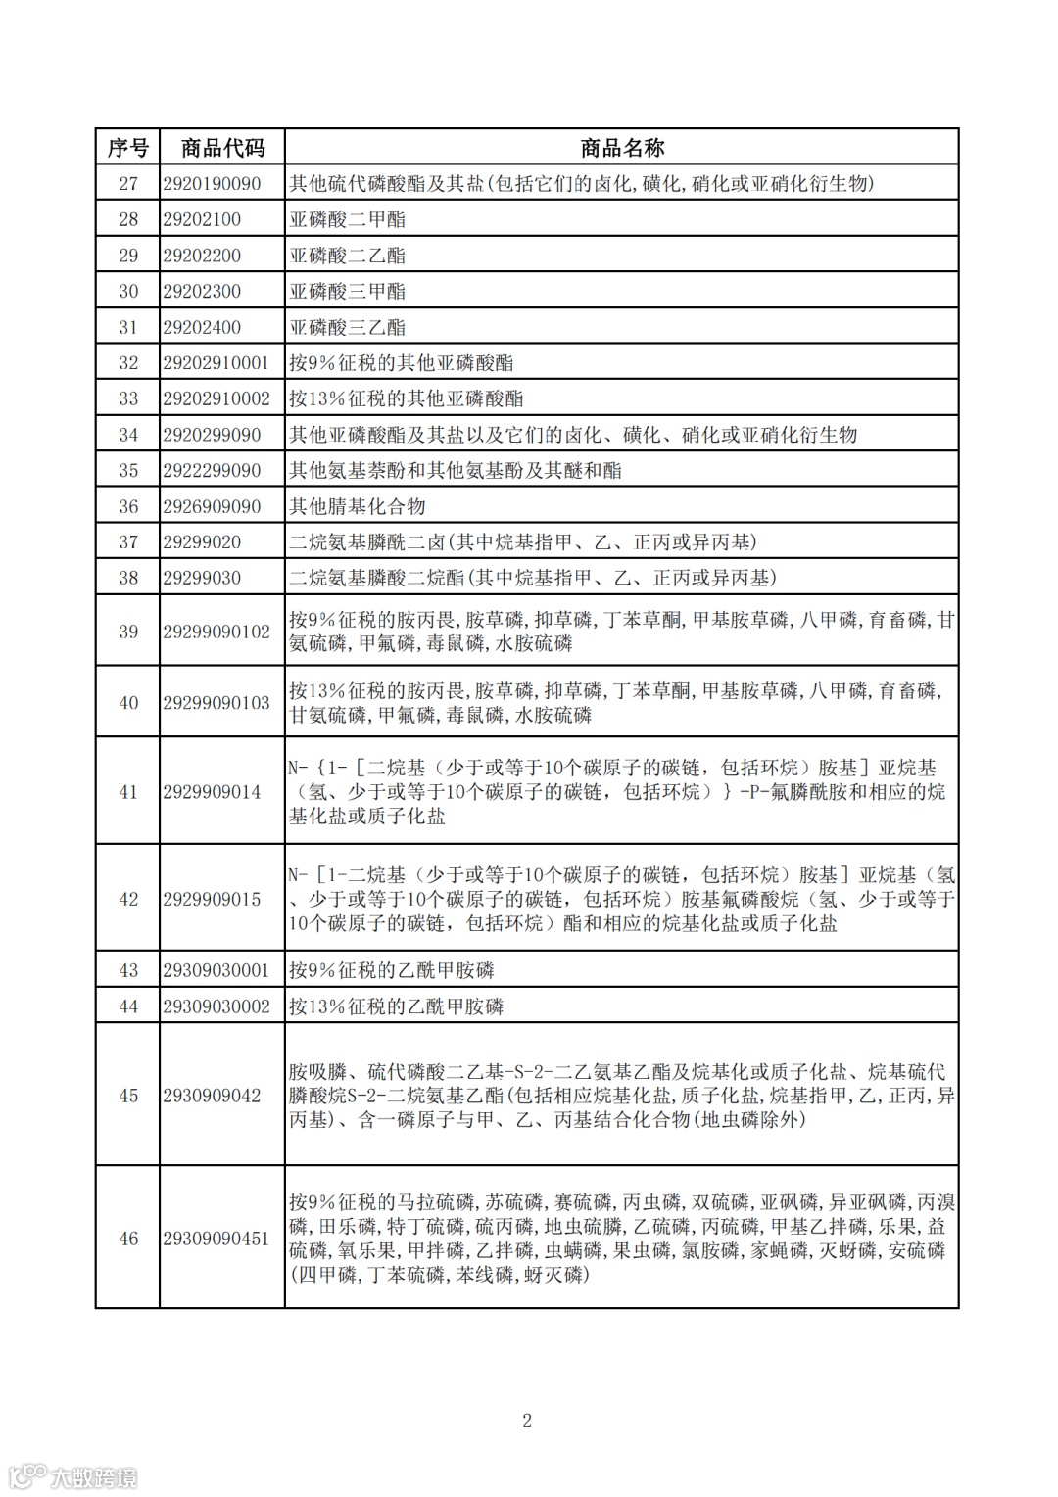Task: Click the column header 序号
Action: click(x=127, y=148)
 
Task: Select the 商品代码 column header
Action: click(x=222, y=148)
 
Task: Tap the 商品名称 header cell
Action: click(x=622, y=148)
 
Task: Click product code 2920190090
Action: click(x=213, y=183)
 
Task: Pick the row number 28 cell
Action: click(x=128, y=219)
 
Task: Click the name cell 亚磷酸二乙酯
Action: click(x=347, y=256)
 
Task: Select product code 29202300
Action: click(x=202, y=291)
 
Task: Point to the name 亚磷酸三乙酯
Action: click(x=347, y=327)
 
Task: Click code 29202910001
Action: click(x=216, y=363)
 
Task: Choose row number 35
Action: click(x=128, y=470)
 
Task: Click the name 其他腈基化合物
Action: click(x=358, y=506)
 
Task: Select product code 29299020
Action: click(x=202, y=541)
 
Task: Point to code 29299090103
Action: click(x=216, y=703)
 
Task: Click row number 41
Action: click(x=128, y=792)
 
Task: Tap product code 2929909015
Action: click(x=213, y=899)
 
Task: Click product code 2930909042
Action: click(x=213, y=1096)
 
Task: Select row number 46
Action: click(x=128, y=1239)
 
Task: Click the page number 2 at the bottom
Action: click(x=527, y=1421)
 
